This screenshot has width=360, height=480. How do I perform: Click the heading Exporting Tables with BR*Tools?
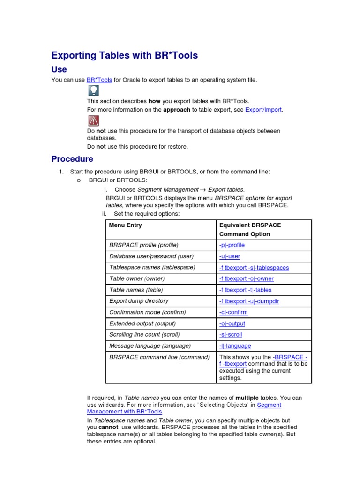click(x=125, y=55)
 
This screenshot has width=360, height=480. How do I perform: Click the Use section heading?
click(x=59, y=69)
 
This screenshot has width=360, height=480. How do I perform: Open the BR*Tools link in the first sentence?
click(x=99, y=80)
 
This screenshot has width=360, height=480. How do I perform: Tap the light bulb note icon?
click(x=93, y=90)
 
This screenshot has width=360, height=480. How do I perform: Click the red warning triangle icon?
click(x=93, y=121)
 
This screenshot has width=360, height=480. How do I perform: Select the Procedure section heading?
click(x=72, y=159)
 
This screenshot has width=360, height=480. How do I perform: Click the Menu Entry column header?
click(x=125, y=225)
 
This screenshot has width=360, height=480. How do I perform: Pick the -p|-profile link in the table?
click(x=232, y=245)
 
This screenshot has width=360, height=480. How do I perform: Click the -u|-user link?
click(x=229, y=256)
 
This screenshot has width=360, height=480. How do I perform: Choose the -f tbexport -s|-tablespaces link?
click(x=254, y=268)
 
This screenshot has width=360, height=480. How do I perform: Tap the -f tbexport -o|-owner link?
click(x=246, y=278)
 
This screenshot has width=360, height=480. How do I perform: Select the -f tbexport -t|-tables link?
click(x=245, y=290)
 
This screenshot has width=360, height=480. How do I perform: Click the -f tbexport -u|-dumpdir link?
click(x=249, y=301)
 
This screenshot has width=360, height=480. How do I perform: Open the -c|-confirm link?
click(x=233, y=312)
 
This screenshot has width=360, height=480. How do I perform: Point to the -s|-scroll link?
click(x=230, y=335)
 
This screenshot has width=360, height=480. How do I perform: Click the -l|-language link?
click(x=235, y=346)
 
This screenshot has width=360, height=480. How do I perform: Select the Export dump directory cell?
click(x=139, y=301)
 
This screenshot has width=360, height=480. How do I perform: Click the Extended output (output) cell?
click(x=142, y=323)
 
